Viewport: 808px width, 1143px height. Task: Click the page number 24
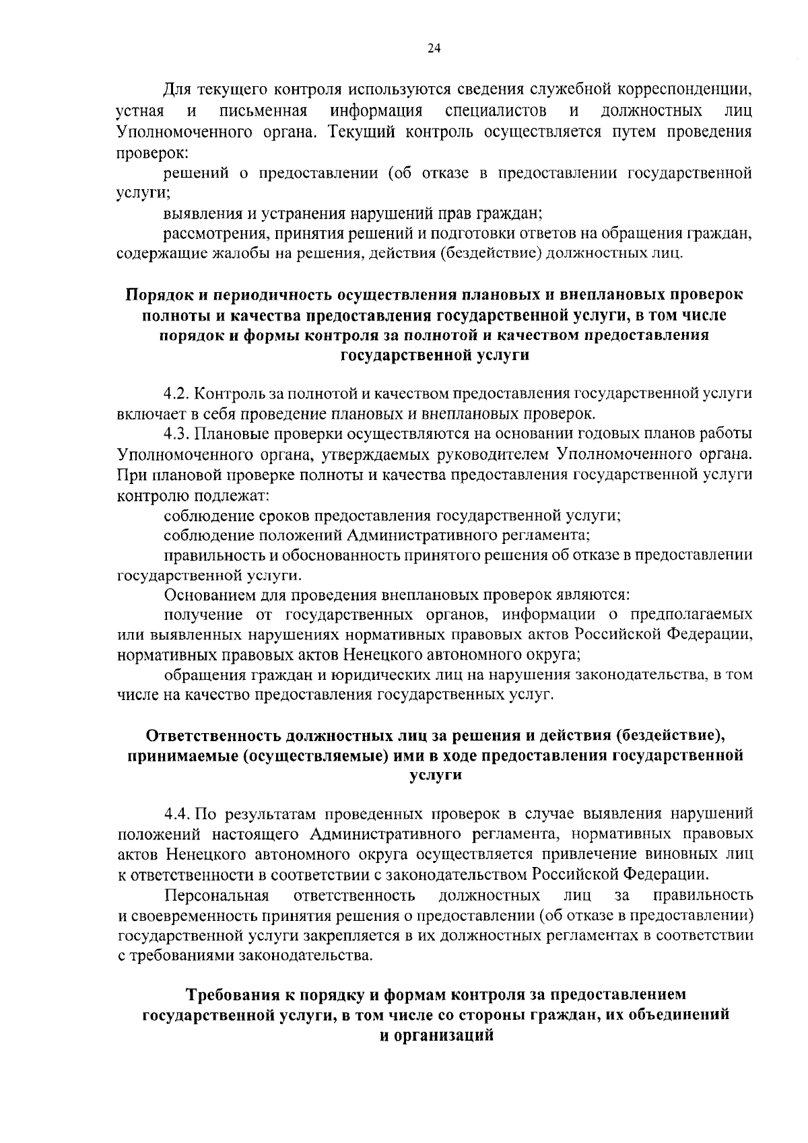click(434, 48)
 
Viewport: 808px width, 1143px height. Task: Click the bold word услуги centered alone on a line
click(436, 775)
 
